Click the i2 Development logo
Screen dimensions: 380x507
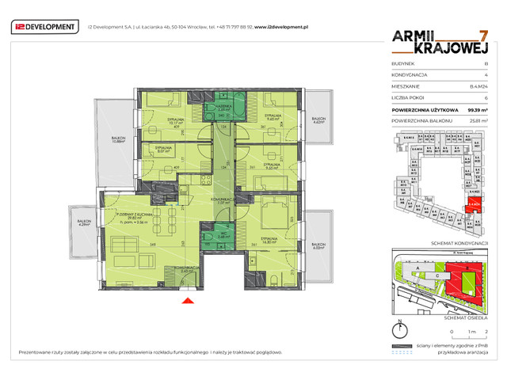point(44,27)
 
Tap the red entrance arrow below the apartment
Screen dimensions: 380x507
point(187,300)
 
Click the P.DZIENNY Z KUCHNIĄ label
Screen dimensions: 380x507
point(132,216)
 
